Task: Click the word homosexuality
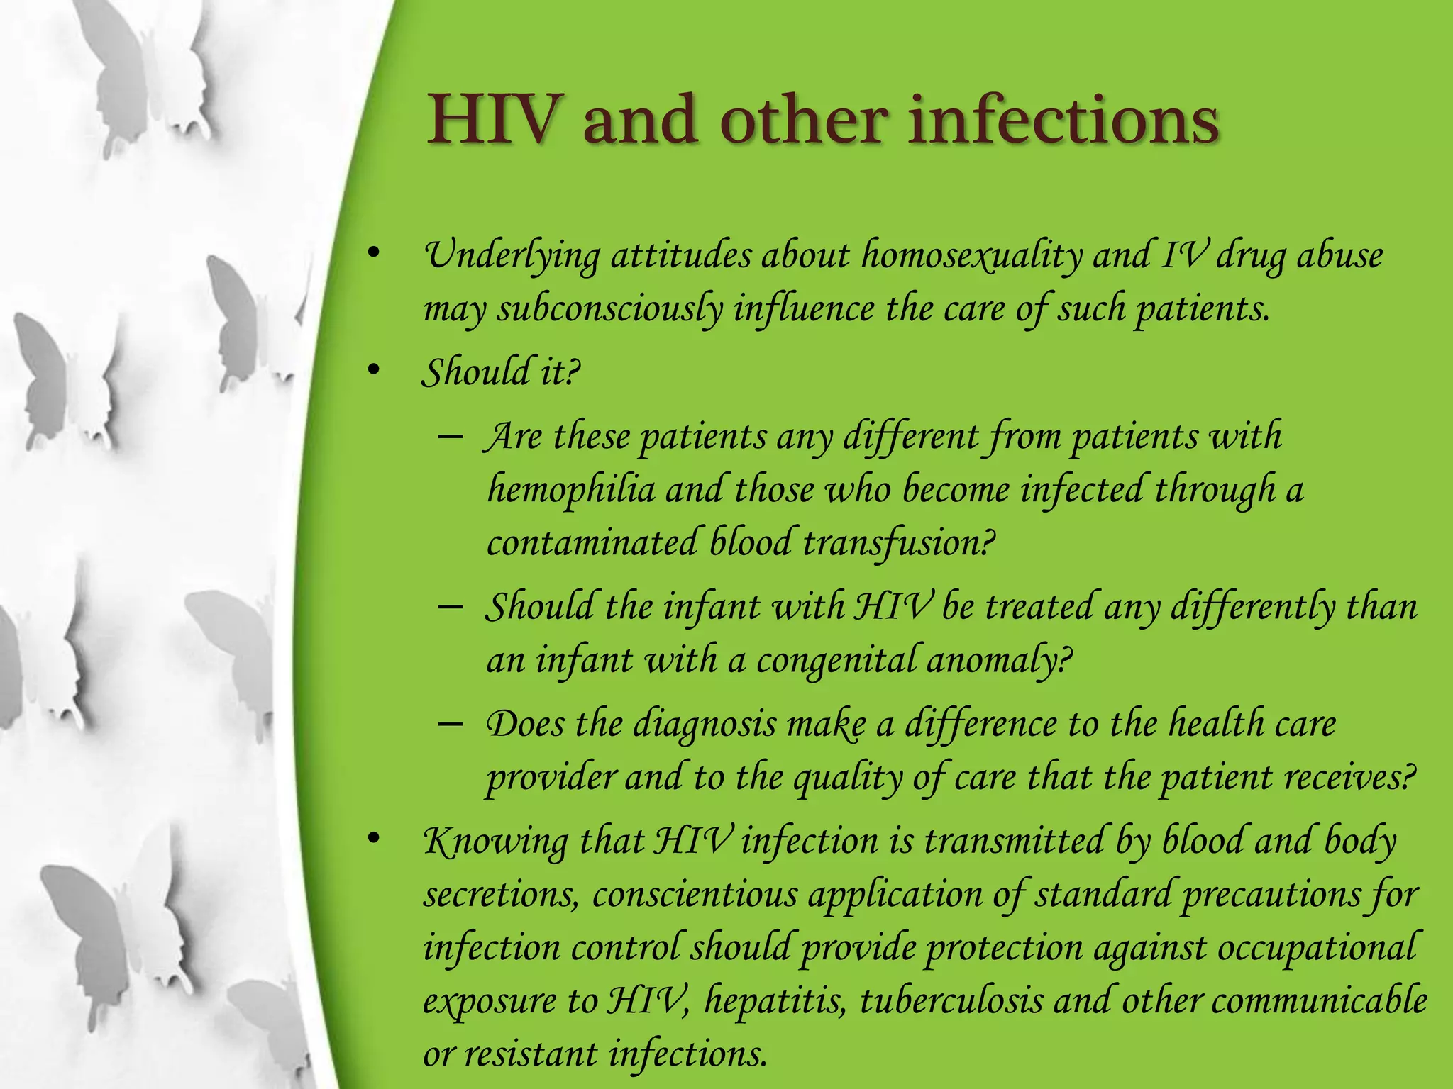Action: click(971, 257)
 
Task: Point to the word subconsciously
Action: click(609, 310)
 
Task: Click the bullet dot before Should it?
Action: click(374, 371)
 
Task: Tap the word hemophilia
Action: click(571, 490)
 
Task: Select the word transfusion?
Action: click(899, 544)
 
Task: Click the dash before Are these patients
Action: click(451, 436)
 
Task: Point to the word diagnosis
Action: click(705, 725)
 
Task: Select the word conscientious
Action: click(695, 895)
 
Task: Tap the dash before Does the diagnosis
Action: click(451, 725)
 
